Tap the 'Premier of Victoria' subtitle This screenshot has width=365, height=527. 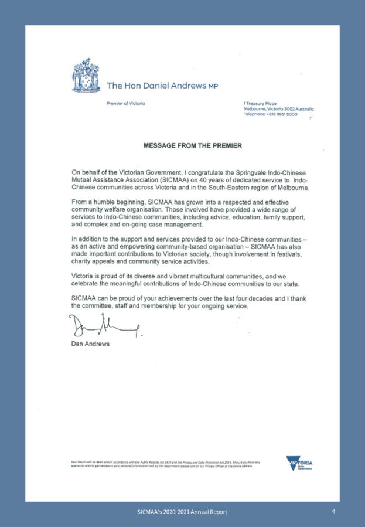point(126,103)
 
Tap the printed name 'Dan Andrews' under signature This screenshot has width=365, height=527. point(90,344)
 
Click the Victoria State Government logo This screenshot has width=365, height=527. point(303,464)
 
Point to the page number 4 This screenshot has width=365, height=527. point(333,511)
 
